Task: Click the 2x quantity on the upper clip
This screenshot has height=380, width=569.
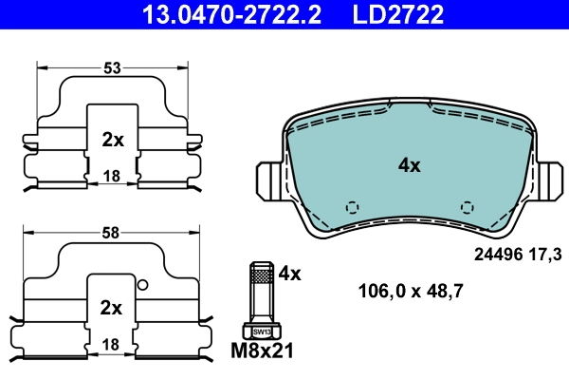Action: pos(113,139)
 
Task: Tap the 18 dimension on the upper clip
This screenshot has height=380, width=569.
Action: pos(113,176)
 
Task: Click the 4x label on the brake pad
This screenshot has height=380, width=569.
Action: pos(409,164)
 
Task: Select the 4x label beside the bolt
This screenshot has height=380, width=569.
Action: pos(289,274)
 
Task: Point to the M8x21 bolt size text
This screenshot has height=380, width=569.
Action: pos(264,351)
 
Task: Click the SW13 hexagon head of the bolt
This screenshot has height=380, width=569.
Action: pos(261,331)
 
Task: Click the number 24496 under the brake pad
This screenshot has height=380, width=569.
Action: pos(498,254)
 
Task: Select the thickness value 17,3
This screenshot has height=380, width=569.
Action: pos(548,254)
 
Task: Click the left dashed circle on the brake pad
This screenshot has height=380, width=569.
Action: pos(351,206)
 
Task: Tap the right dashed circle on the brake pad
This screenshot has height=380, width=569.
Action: pos(466,206)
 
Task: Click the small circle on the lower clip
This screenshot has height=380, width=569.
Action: pos(142,284)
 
